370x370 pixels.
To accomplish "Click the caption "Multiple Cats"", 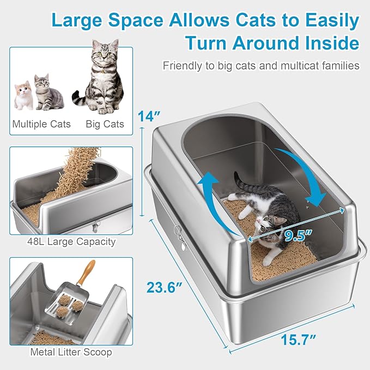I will pyautogui.click(x=41, y=124).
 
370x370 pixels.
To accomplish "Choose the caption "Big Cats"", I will pyautogui.click(x=105, y=124).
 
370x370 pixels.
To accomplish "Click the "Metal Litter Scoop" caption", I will pyautogui.click(x=71, y=352).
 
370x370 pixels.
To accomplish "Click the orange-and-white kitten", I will pyautogui.click(x=23, y=95).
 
